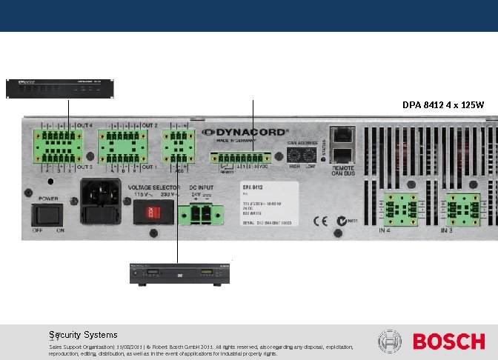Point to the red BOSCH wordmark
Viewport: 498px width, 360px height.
pos(448,341)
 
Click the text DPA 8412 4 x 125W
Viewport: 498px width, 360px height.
pos(443,105)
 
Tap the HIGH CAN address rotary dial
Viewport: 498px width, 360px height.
pos(294,156)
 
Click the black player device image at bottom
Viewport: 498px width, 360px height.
pos(178,273)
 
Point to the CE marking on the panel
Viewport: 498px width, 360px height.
pos(321,220)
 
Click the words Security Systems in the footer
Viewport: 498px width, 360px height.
pos(83,334)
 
